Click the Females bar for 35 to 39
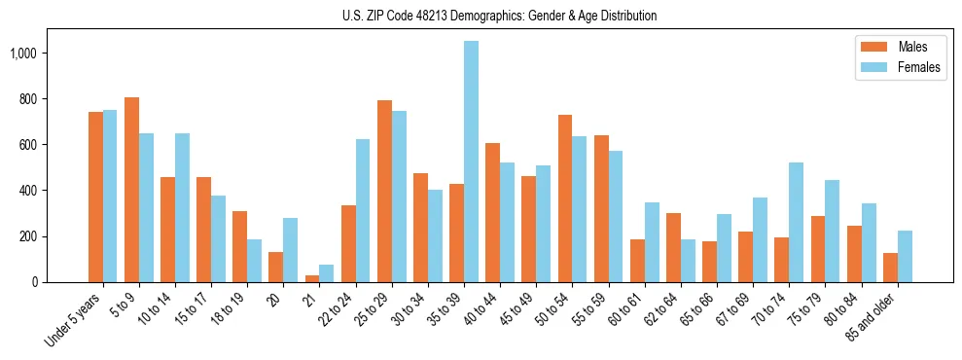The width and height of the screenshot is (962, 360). [x=471, y=162]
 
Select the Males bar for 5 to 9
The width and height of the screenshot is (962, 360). [x=131, y=190]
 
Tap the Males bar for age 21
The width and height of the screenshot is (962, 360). [x=312, y=278]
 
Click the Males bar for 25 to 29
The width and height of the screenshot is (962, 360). [x=384, y=191]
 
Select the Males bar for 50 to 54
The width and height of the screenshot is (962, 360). [x=565, y=198]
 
